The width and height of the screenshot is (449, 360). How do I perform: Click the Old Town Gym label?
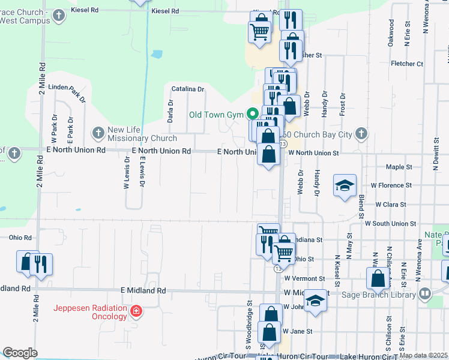click(215, 114)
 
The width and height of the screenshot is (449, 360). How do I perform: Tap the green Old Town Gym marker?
click(253, 113)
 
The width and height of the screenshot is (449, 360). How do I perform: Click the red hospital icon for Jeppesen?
click(137, 311)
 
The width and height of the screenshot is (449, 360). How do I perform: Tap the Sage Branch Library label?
click(379, 294)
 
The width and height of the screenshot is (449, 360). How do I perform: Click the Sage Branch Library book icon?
click(426, 293)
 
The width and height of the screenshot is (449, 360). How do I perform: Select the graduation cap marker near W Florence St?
click(345, 185)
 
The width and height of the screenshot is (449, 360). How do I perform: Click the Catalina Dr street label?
click(188, 89)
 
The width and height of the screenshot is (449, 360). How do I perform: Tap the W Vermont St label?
click(304, 278)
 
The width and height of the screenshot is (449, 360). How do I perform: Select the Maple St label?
click(399, 167)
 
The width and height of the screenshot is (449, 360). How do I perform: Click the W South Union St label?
click(390, 223)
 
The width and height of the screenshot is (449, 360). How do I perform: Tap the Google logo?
click(20, 353)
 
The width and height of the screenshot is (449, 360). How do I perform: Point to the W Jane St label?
click(298, 331)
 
